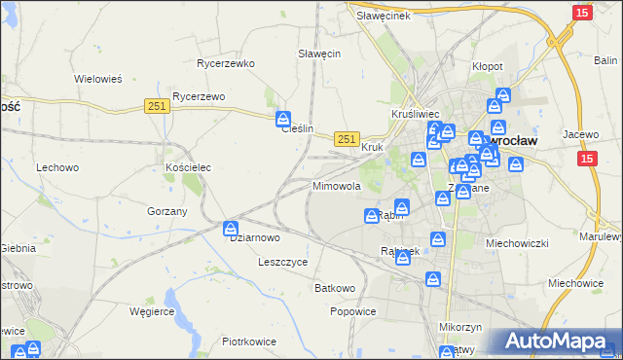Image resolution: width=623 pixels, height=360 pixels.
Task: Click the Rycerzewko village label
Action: click(225, 63)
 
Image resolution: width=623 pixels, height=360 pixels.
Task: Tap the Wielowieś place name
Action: click(97, 79)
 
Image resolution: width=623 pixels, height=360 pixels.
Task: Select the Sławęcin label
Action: click(318, 54)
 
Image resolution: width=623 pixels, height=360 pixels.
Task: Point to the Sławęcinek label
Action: click(384, 16)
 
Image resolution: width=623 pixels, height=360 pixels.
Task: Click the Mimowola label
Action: click(337, 185)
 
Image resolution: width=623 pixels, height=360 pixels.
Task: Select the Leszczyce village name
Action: click(283, 262)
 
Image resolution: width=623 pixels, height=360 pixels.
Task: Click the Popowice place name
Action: click(352, 311)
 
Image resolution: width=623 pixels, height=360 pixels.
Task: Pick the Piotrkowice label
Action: click(249, 342)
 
